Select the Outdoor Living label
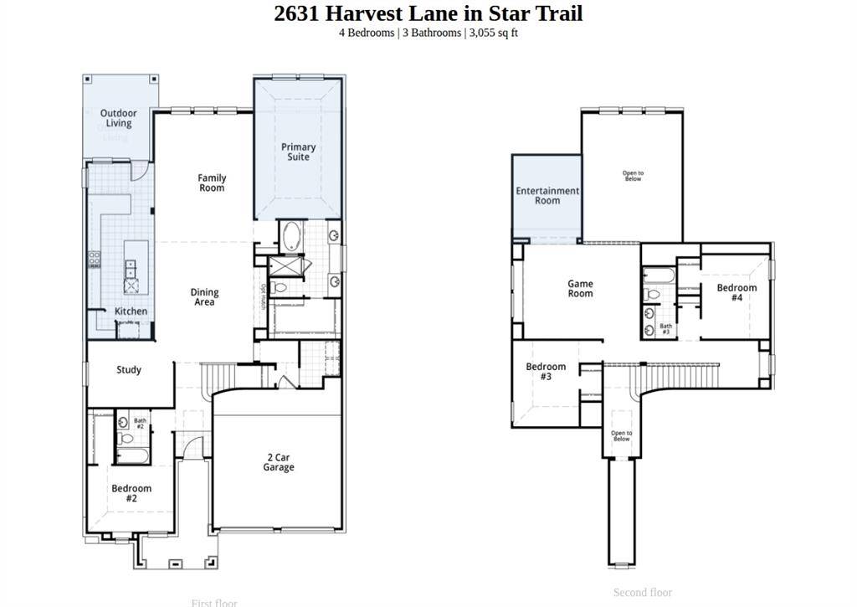coord(118,118)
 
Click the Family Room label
coord(212,183)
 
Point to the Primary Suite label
coord(298,152)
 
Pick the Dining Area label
coord(204,297)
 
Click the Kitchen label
coord(131,311)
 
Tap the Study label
coord(129,370)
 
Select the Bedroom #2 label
coord(131,493)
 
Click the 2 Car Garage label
coord(279,462)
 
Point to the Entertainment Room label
coord(547,196)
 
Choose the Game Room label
coord(580,289)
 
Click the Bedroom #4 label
coord(736,292)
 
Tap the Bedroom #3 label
coord(546,372)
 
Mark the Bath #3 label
coord(665,329)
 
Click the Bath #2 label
coord(140,424)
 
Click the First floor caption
coord(214,603)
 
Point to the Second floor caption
coord(642,593)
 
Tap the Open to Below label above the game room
coord(633,176)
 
